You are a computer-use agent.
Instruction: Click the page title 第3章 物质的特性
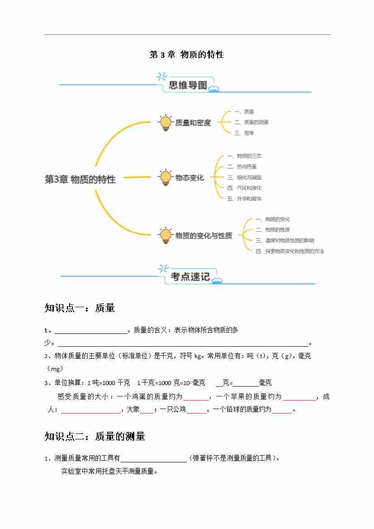click(x=187, y=55)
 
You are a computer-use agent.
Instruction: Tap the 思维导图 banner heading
click(x=188, y=85)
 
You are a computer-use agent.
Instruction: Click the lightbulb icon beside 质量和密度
click(x=166, y=123)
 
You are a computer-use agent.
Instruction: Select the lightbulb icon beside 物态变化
click(x=166, y=177)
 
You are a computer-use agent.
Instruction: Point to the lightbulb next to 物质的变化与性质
click(x=166, y=235)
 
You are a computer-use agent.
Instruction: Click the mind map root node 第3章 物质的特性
click(x=80, y=180)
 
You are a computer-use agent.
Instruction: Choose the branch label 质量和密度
click(x=193, y=123)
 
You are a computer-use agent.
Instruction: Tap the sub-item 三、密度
click(x=244, y=133)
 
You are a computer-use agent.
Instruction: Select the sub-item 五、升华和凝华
click(x=244, y=199)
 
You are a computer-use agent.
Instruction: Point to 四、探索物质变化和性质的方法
click(x=289, y=251)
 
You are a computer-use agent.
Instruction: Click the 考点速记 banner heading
click(x=190, y=277)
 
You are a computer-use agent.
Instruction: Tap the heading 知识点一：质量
click(x=80, y=308)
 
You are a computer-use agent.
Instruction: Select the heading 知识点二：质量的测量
click(x=95, y=436)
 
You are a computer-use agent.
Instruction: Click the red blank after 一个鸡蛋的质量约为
click(x=196, y=397)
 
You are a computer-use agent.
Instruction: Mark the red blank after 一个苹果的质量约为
click(x=299, y=397)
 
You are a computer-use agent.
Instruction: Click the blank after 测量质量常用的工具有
click(x=154, y=458)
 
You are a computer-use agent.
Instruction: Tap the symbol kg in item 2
click(x=197, y=356)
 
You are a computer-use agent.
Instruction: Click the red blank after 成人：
click(x=90, y=410)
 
